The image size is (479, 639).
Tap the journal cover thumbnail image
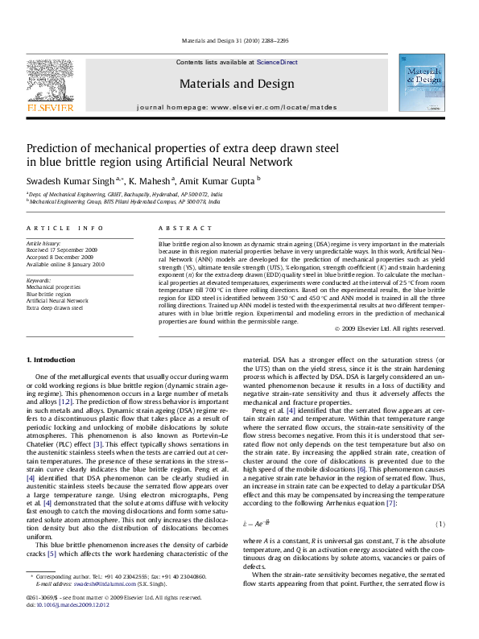click(x=423, y=86)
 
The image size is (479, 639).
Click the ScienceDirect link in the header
click(x=277, y=62)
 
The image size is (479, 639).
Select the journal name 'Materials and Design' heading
click(x=237, y=83)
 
